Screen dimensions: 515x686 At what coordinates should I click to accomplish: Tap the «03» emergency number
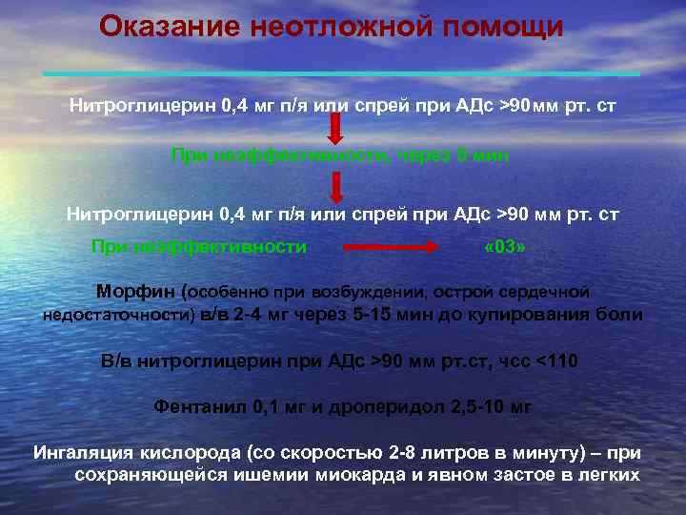coord(504,247)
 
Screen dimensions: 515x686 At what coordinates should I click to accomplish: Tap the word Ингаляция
coord(79,452)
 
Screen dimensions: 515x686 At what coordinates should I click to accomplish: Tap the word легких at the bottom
coord(614,474)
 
